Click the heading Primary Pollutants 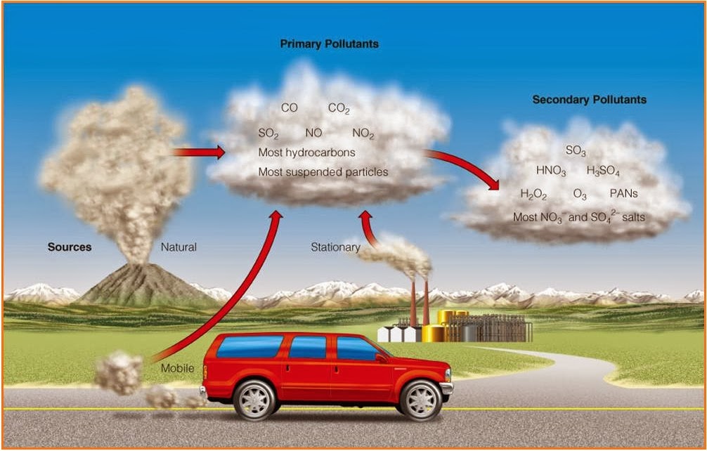329,44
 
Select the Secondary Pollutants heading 589,100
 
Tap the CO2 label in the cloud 339,109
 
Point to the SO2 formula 268,133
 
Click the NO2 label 363,133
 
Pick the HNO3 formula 551,171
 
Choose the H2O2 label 533,194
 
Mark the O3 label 580,194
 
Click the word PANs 624,193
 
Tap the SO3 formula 576,150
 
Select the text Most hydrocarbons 306,152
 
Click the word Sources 70,247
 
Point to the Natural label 179,247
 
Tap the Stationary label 335,247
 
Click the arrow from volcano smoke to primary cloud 199,152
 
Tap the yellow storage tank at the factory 433,333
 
